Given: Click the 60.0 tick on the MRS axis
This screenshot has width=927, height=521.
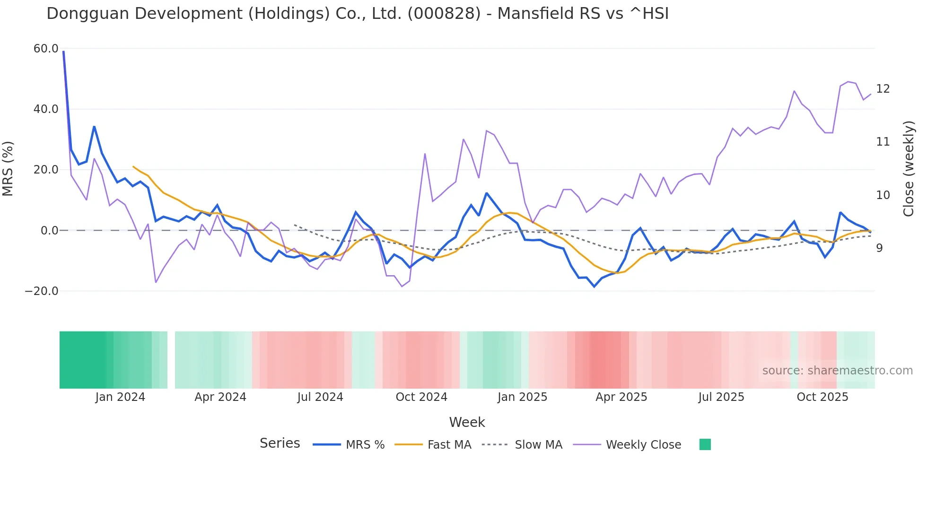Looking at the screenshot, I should click(x=46, y=49).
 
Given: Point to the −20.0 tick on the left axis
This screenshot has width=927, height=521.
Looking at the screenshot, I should click(x=42, y=291).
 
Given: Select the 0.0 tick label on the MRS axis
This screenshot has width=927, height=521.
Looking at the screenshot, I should click(x=49, y=231).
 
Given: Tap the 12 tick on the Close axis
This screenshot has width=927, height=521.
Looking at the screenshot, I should click(x=883, y=89).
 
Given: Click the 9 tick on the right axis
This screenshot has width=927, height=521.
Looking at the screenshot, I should click(x=879, y=248).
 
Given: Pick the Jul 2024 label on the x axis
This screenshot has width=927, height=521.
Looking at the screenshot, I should click(x=320, y=397).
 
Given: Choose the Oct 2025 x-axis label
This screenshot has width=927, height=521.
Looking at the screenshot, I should click(x=822, y=397).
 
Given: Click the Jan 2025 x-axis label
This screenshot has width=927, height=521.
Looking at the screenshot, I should click(x=522, y=397).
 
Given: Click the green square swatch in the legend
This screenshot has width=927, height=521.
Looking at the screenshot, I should click(x=705, y=444).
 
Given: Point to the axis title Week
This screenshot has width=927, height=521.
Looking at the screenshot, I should click(x=467, y=422).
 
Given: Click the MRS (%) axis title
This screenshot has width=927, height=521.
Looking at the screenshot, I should click(x=8, y=169).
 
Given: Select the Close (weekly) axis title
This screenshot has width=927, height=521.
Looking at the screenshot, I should click(x=909, y=169).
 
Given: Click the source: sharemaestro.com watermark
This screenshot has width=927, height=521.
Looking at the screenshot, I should click(x=837, y=371).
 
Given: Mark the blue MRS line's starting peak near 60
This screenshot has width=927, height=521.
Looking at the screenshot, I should click(x=63, y=52).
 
